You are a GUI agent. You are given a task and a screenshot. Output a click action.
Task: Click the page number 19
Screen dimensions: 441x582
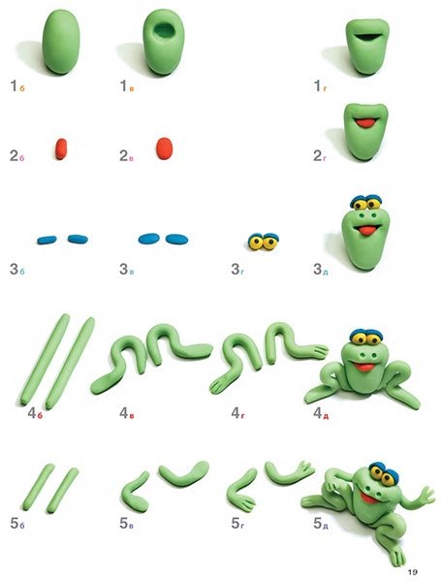413,571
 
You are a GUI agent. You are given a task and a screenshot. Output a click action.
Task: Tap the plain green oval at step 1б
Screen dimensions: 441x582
61,42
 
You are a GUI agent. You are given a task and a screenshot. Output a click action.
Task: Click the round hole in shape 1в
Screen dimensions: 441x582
165,30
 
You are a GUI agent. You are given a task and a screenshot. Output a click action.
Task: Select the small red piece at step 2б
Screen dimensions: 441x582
61,148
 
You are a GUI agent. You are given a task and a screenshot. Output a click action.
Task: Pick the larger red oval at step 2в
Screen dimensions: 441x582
165,148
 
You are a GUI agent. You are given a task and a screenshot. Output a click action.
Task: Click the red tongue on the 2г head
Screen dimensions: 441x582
366,123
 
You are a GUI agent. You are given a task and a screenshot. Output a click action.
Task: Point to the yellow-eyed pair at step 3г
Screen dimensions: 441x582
264,242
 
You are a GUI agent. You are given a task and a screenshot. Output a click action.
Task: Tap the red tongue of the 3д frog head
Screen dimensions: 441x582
366,231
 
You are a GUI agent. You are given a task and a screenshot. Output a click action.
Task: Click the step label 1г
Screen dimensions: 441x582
321,86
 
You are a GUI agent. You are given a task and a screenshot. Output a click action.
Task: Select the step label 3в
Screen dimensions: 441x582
126,270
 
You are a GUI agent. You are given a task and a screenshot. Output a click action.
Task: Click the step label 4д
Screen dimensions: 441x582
321,413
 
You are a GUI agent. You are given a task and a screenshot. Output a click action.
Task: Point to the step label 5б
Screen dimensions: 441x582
17,524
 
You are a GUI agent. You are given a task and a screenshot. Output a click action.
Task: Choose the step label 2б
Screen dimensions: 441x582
17,156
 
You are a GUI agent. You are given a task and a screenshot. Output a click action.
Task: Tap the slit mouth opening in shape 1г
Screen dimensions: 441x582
367,37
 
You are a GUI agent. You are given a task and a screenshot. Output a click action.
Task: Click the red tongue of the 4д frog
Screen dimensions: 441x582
364,367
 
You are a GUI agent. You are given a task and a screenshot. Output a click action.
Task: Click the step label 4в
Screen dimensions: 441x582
126,413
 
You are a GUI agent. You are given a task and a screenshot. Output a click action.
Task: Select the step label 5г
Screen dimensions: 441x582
237,524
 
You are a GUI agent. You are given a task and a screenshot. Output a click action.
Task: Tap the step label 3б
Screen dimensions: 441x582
17,270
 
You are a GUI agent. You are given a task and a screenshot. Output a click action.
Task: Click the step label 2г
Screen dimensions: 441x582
320,156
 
